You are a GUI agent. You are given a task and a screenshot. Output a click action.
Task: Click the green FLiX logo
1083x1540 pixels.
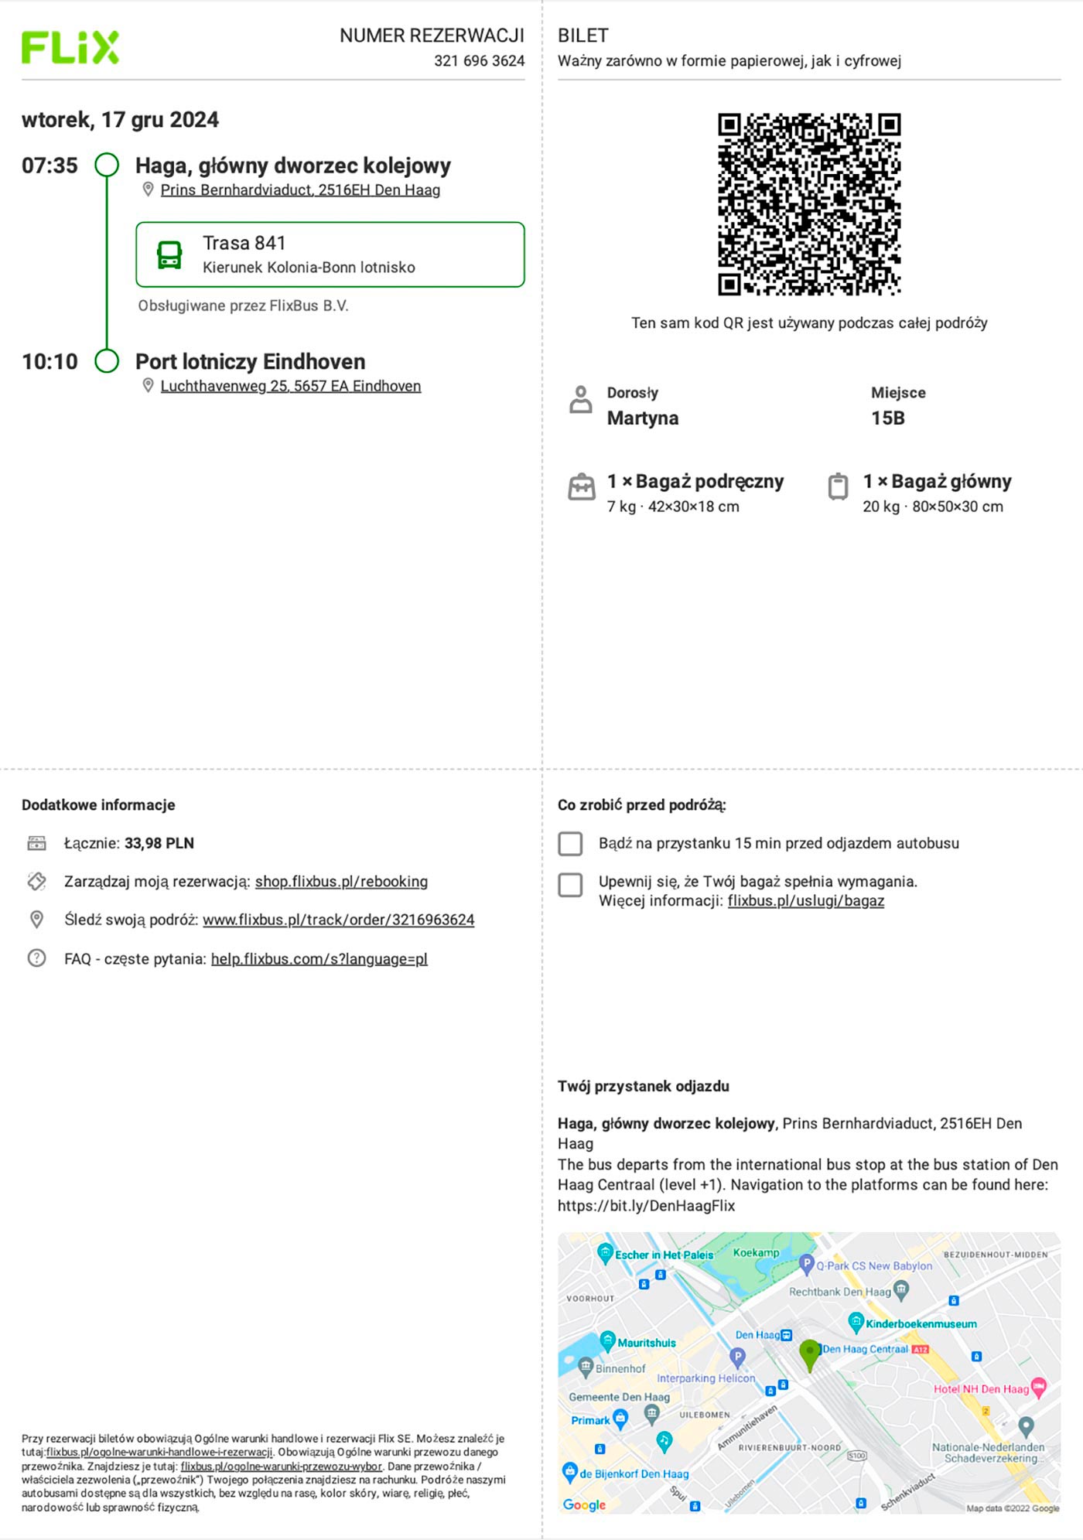click(70, 47)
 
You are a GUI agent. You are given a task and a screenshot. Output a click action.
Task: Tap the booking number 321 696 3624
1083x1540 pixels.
click(479, 61)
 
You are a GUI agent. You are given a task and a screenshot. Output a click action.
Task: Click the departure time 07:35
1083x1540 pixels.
click(50, 166)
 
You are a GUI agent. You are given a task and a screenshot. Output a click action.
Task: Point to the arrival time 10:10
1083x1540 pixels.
click(50, 362)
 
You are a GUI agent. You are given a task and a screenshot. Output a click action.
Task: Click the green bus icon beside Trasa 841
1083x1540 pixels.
click(169, 254)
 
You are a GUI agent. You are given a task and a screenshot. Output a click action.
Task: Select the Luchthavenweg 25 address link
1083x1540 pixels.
click(290, 386)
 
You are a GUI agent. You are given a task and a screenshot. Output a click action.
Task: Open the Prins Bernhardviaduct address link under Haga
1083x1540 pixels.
click(300, 190)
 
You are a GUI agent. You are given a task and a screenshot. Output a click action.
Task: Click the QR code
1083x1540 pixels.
click(809, 204)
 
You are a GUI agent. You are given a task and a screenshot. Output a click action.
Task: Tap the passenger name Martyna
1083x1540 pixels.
click(642, 418)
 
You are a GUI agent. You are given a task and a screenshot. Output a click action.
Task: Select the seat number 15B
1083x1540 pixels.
click(887, 418)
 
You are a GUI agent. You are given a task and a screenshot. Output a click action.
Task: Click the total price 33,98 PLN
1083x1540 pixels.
click(159, 843)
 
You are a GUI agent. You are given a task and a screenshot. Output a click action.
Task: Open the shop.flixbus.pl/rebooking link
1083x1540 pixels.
click(341, 882)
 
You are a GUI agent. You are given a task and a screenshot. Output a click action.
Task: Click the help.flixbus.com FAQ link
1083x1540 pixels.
click(319, 959)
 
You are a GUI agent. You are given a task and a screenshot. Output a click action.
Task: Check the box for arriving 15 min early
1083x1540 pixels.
click(571, 844)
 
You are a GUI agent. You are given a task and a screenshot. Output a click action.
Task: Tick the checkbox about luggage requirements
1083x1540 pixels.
click(571, 885)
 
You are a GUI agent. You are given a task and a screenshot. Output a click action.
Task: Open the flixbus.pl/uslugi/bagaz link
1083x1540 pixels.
click(805, 901)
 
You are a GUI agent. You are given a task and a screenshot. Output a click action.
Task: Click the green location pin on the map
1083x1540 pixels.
click(809, 1354)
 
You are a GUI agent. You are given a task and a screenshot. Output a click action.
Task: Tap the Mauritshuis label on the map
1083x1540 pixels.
click(646, 1343)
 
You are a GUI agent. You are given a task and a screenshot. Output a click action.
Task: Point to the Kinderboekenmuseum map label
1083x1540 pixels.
click(921, 1324)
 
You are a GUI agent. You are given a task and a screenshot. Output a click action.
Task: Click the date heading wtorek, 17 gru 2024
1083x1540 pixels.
click(120, 120)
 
